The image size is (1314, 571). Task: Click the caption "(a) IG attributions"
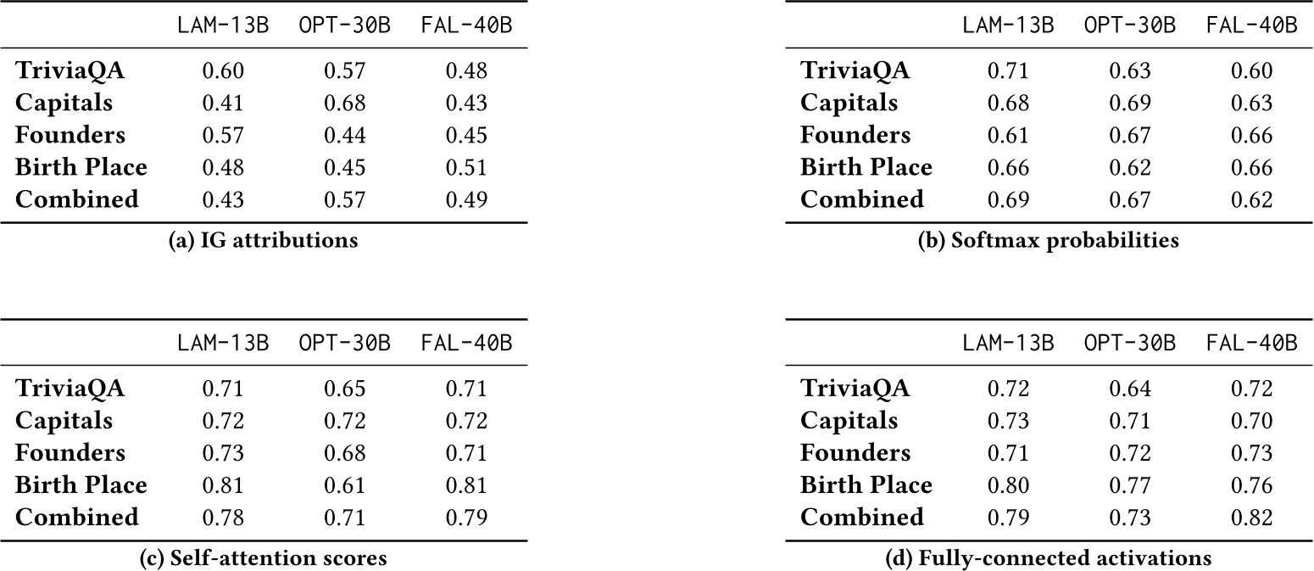[x=264, y=241]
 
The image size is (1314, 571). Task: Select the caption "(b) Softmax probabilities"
[x=1049, y=241]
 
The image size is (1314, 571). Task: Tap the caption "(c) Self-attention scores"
[x=264, y=558]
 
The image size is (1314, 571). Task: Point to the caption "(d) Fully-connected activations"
[x=1049, y=558]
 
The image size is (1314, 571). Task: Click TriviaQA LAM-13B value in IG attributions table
[x=222, y=71]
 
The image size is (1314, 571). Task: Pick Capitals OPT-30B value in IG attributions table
[x=344, y=104]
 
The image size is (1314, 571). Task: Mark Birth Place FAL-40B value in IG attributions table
[x=466, y=167]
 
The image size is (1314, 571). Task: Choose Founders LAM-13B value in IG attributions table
[x=222, y=135]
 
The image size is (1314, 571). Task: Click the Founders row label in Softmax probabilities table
[x=855, y=135]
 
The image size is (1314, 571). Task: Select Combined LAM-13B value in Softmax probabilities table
[x=1008, y=199]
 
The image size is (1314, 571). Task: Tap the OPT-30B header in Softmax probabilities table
[x=1130, y=25]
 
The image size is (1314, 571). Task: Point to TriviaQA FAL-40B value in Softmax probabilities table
[x=1251, y=71]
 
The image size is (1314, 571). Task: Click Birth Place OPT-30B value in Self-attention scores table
[x=344, y=484]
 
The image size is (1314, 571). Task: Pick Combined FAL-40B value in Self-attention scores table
[x=466, y=517]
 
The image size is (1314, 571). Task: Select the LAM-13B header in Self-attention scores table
[x=222, y=344]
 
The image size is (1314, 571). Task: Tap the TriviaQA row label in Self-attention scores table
[x=70, y=389]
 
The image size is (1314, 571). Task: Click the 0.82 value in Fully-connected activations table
[x=1251, y=517]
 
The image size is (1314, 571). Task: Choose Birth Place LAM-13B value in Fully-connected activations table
[x=1008, y=484]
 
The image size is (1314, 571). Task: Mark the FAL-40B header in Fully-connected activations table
[x=1251, y=344]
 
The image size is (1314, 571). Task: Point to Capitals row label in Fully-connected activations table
[x=849, y=421]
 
